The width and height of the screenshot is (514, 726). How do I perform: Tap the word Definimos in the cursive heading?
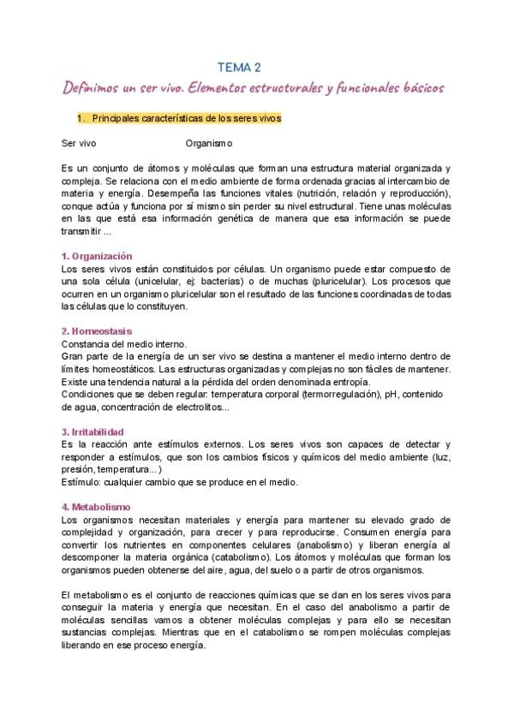[x=95, y=89]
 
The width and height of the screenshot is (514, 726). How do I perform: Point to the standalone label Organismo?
[x=208, y=143]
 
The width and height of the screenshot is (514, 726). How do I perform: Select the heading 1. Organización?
[x=97, y=256]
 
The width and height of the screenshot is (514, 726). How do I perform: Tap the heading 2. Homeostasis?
[x=97, y=331]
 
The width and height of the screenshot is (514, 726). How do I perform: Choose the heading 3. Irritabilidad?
[x=93, y=431]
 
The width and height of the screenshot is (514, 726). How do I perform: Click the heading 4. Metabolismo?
[x=95, y=506]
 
